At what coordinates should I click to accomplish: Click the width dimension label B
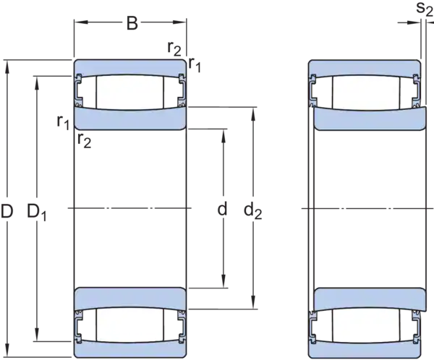tap(132, 23)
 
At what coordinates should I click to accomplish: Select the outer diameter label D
tap(7, 211)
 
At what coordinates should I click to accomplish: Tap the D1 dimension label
tap(37, 213)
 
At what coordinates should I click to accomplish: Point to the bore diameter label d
tap(222, 209)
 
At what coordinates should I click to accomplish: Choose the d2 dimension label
tap(252, 211)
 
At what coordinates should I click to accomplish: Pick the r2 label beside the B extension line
tap(174, 48)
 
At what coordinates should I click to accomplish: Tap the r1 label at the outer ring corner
tap(195, 65)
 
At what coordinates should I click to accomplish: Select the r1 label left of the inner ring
tap(63, 122)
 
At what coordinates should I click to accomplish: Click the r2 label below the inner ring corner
tap(84, 140)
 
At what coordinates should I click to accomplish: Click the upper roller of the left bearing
tap(129, 93)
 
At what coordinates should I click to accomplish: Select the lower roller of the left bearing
tap(129, 325)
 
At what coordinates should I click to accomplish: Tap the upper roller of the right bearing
tap(367, 93)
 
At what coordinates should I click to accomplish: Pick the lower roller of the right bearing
tap(367, 325)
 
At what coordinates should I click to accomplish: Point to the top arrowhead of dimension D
tap(7, 67)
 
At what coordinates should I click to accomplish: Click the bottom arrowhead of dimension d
tap(224, 281)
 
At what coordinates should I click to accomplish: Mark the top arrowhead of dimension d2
tap(252, 114)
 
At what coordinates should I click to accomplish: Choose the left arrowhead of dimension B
tap(81, 22)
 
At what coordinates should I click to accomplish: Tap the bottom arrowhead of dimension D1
tap(37, 334)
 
